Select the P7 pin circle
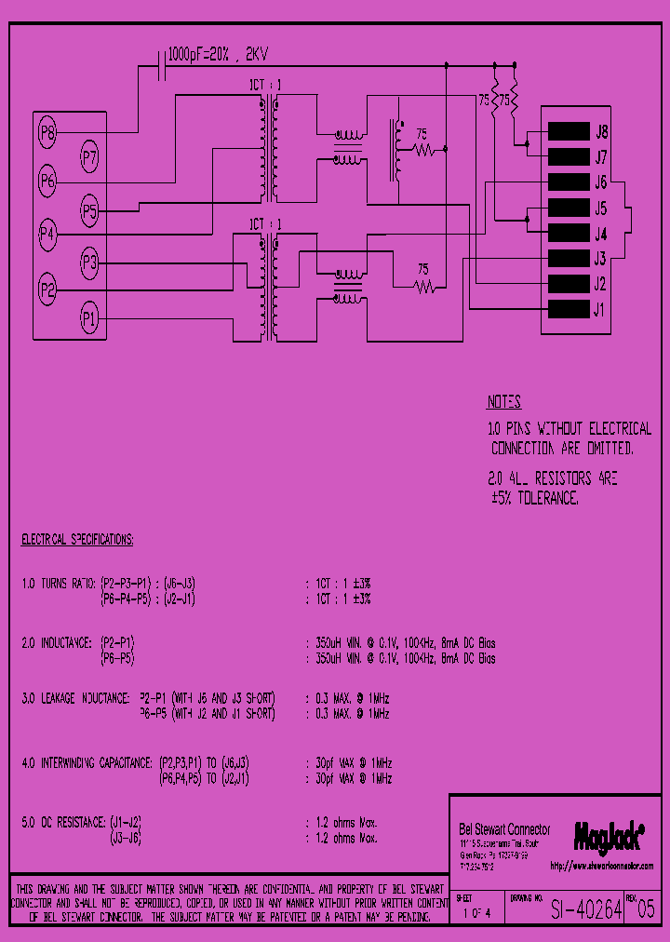[x=89, y=157]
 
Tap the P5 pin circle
[x=89, y=210]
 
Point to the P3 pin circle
[x=89, y=263]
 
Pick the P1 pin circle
[x=89, y=319]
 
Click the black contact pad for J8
[x=569, y=131]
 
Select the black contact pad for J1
[x=569, y=308]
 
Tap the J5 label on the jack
[x=601, y=208]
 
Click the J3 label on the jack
[x=601, y=258]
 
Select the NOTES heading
[x=503, y=402]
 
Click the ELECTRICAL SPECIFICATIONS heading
[x=77, y=539]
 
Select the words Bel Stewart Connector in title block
[x=504, y=829]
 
